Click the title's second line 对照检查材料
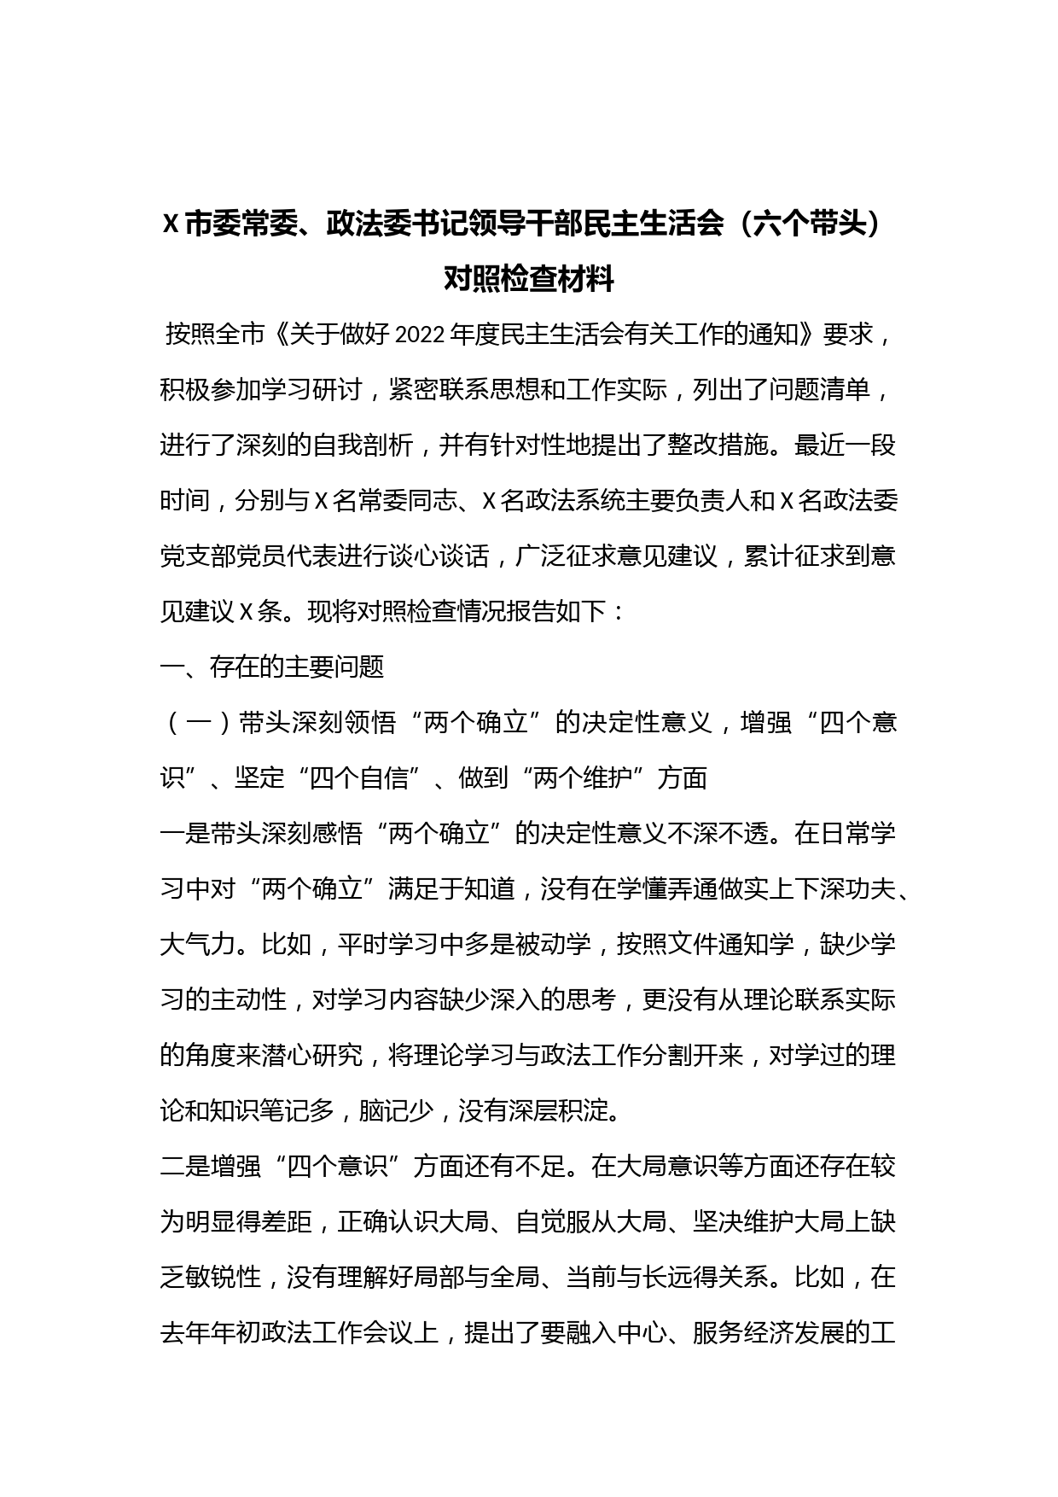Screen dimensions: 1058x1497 point(528,279)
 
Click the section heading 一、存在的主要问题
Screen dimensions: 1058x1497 point(272,667)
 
